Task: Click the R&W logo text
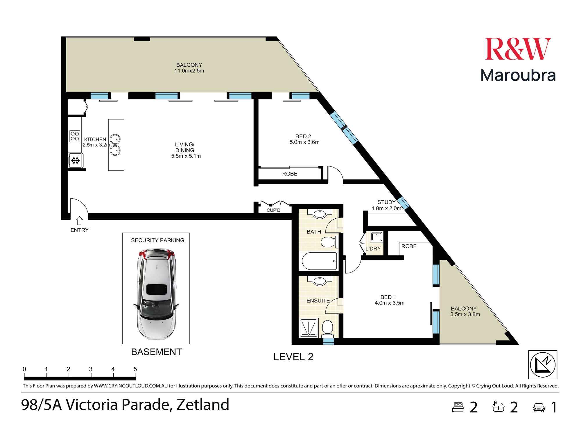(x=518, y=49)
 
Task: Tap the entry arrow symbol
(x=79, y=221)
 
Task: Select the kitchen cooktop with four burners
(x=75, y=136)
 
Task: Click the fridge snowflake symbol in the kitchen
(x=76, y=160)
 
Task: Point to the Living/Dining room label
(x=185, y=147)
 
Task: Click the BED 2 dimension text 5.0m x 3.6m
(x=304, y=142)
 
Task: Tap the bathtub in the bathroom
(x=319, y=261)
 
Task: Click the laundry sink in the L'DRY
(x=377, y=236)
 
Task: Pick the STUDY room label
(x=386, y=202)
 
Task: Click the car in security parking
(x=156, y=293)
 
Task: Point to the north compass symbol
(x=542, y=365)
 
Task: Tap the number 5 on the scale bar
(x=135, y=369)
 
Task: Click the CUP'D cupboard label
(x=273, y=210)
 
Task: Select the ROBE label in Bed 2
(x=290, y=174)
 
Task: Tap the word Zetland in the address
(x=203, y=405)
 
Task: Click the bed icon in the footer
(x=458, y=407)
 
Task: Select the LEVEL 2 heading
(x=293, y=357)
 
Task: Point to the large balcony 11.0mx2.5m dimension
(x=189, y=71)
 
